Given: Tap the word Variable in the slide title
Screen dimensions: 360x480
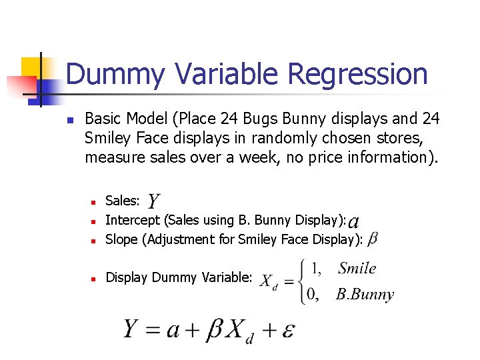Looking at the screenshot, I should point(222,73).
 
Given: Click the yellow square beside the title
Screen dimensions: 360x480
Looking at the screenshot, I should point(31,67).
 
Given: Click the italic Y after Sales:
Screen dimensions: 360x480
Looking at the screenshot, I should point(153,201).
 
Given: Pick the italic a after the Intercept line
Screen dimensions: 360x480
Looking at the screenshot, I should point(353,221).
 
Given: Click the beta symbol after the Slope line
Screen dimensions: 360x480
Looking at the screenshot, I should point(373,239).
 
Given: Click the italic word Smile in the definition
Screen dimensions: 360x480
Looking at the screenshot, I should point(357,269).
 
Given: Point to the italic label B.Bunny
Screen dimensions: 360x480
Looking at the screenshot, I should point(365,294).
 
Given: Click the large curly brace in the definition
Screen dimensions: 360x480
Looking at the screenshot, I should point(306,281).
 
